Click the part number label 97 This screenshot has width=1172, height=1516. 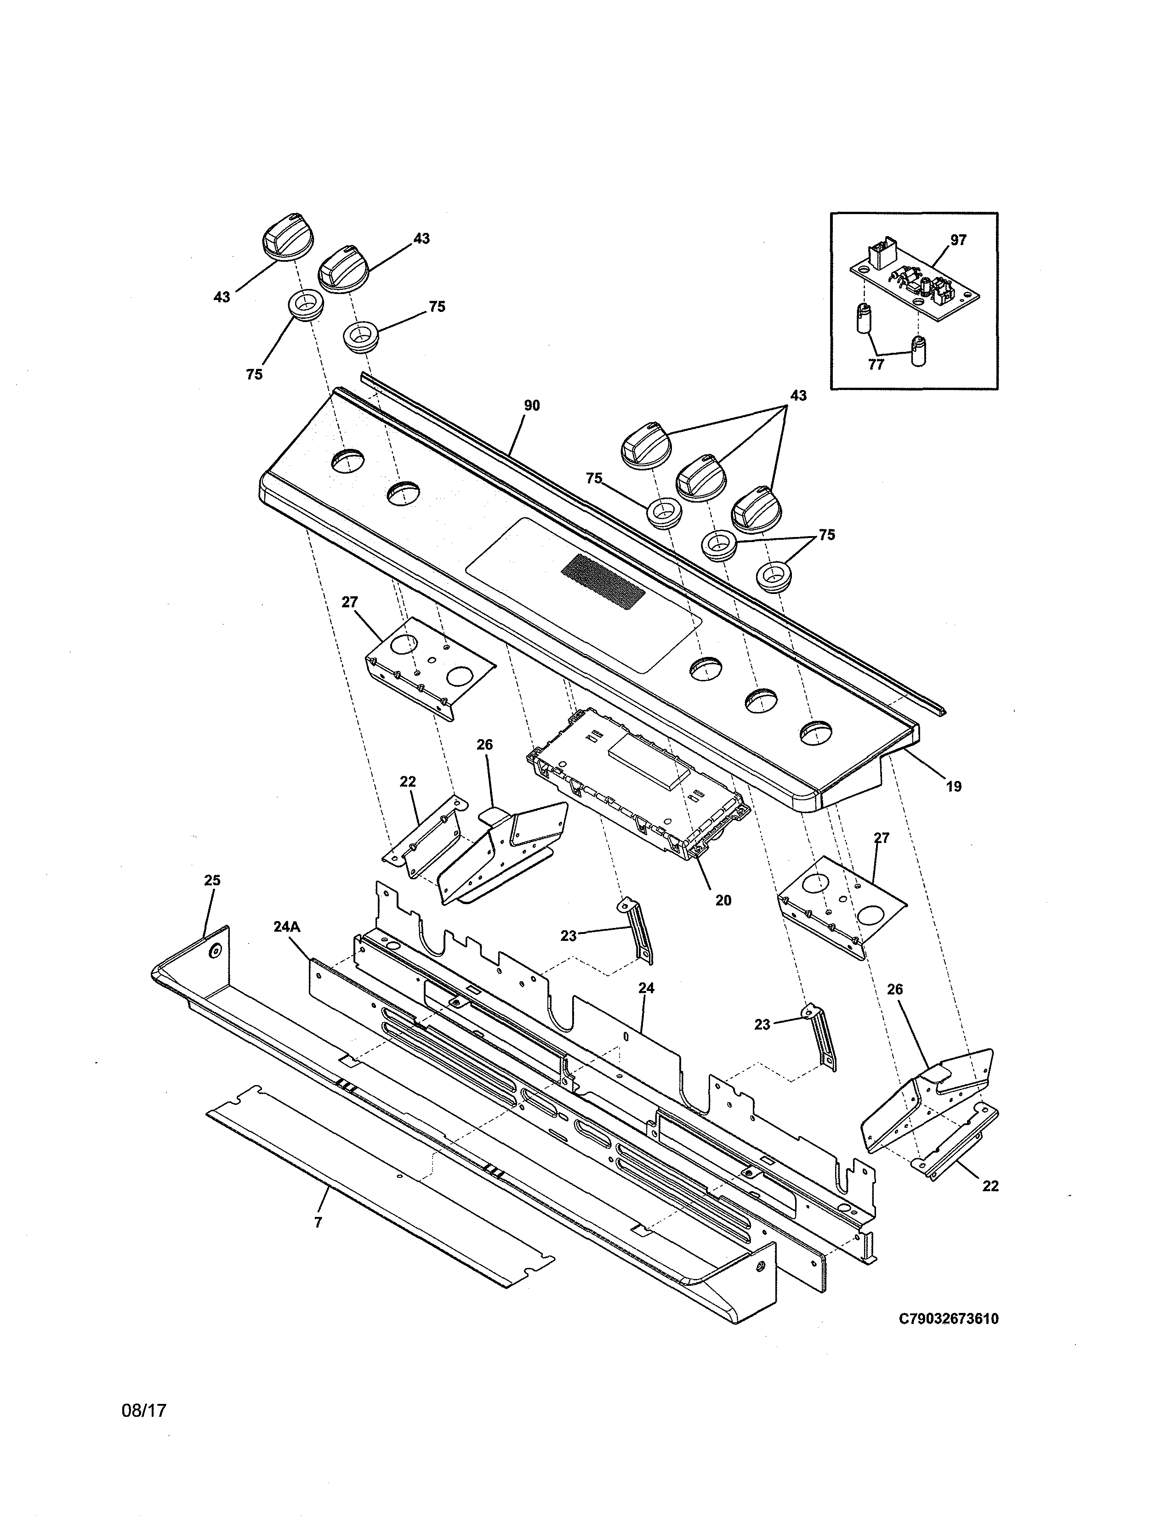(958, 240)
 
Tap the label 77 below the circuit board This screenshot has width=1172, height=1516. (876, 364)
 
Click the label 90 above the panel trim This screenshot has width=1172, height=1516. (532, 405)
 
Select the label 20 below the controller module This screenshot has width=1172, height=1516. (723, 900)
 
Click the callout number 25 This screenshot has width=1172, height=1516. (212, 880)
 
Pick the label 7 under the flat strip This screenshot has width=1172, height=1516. (318, 1222)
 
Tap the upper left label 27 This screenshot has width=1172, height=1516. (349, 602)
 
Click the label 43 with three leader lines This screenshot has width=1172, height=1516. (798, 396)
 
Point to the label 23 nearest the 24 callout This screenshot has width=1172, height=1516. (569, 936)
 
